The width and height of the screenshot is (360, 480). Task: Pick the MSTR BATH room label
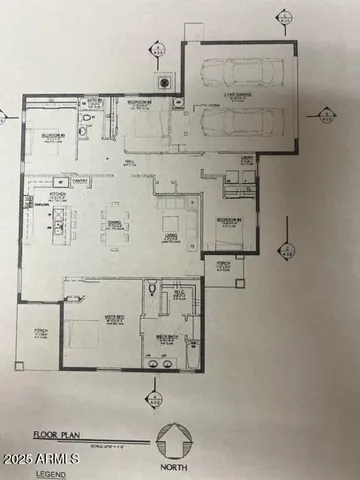click(x=165, y=338)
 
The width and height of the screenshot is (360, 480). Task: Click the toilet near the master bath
click(x=150, y=289)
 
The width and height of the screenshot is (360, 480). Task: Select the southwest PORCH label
click(x=41, y=334)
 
